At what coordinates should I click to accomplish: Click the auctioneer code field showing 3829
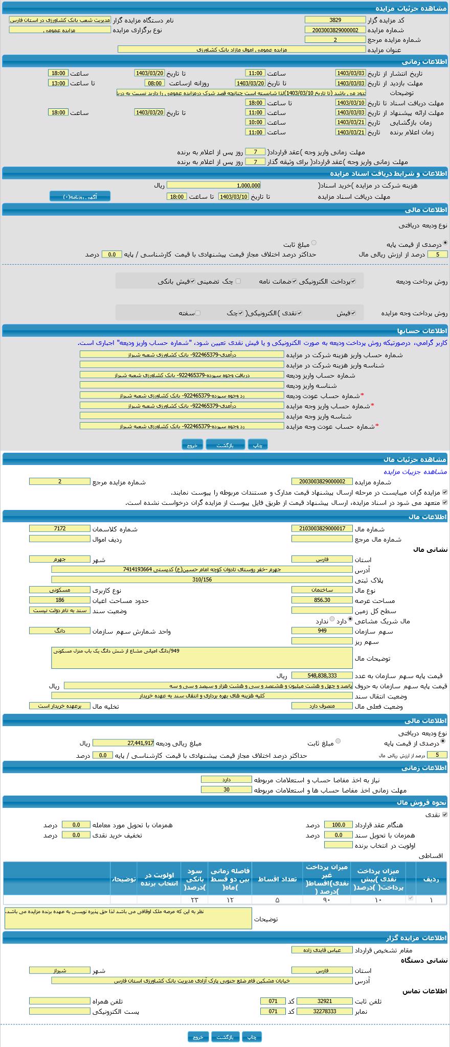[x=335, y=20]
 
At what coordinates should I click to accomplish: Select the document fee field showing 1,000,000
[x=213, y=185]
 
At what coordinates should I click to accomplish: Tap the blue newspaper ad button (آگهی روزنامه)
[x=80, y=196]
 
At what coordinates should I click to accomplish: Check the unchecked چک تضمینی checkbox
[x=238, y=281]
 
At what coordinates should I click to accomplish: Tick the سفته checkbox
[x=198, y=313]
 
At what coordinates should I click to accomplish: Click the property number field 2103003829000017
[x=322, y=529]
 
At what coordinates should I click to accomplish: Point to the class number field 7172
[x=59, y=529]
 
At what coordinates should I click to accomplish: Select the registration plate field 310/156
[x=202, y=579]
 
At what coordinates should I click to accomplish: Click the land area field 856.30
[x=322, y=600]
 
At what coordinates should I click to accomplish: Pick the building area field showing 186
[x=59, y=600]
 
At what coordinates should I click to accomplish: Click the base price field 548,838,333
[x=322, y=676]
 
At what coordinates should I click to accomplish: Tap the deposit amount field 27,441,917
[x=123, y=743]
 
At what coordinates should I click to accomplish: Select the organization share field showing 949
[x=322, y=631]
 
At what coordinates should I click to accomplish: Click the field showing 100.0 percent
[x=338, y=825]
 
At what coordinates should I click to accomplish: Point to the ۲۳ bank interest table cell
[x=194, y=899]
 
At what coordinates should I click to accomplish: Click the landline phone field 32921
[x=324, y=1001]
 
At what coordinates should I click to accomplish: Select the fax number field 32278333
[x=324, y=1011]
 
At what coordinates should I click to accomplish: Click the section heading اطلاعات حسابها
[x=422, y=331]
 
